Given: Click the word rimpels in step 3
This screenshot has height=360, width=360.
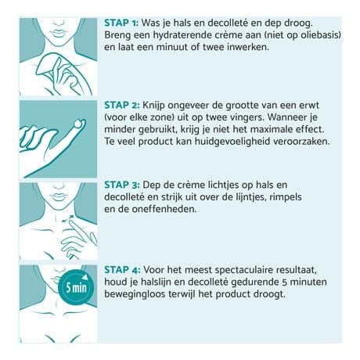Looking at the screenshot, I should coord(315,197).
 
